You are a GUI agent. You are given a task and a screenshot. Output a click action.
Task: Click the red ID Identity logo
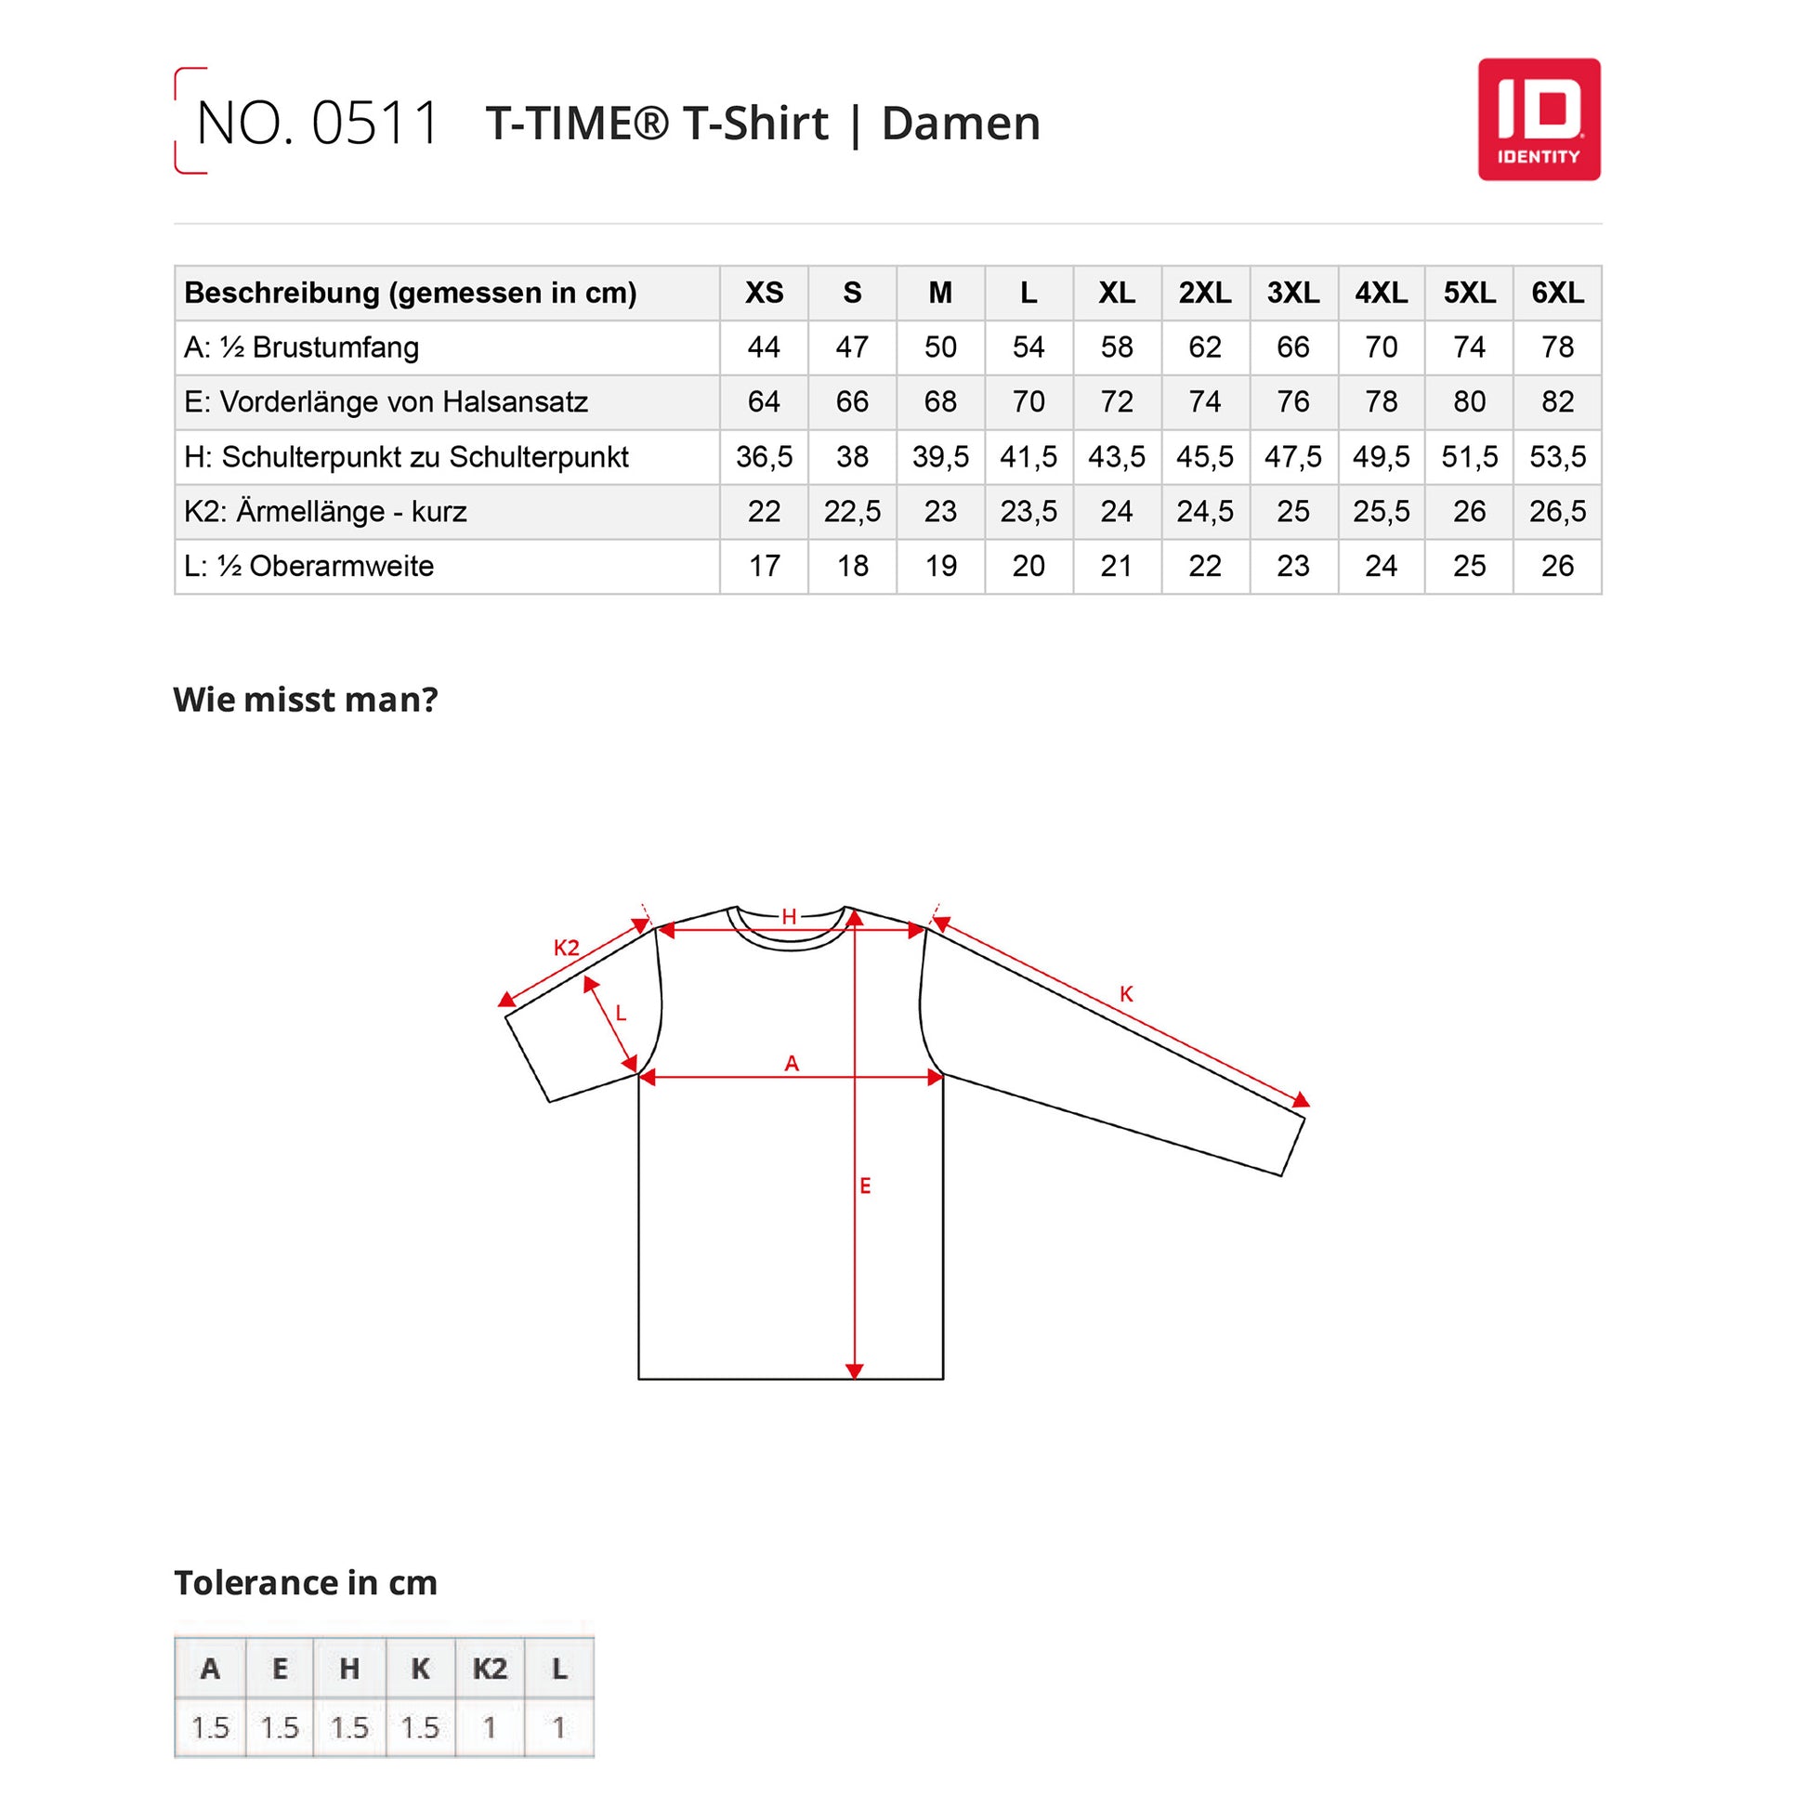[1539, 120]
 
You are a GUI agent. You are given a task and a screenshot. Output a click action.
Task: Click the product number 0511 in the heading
[375, 123]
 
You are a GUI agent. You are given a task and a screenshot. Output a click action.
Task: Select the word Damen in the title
[961, 124]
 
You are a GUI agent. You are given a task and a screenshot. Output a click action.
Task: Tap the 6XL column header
[1557, 293]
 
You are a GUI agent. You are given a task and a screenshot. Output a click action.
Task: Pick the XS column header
[764, 293]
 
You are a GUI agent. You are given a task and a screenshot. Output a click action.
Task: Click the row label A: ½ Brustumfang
[301, 347]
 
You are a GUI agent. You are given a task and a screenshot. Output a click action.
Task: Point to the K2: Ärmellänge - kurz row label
[325, 511]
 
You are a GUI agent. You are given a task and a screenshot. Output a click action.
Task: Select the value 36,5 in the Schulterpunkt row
[764, 457]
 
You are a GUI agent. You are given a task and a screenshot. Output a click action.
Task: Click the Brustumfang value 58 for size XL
[1117, 347]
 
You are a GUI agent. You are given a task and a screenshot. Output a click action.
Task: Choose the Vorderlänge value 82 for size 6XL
[1557, 401]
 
